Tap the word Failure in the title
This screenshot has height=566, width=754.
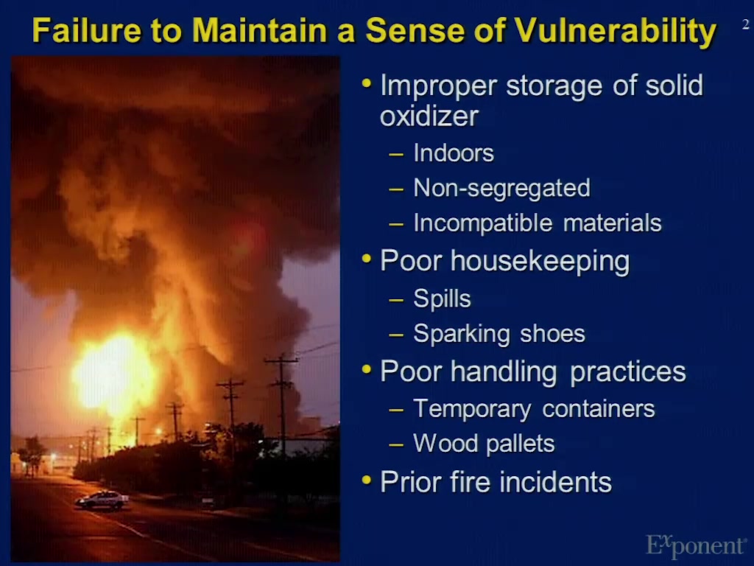click(87, 29)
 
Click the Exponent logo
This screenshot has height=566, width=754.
click(695, 545)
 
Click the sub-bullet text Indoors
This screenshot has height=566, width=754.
click(454, 153)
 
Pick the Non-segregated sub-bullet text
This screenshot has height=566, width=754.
click(501, 188)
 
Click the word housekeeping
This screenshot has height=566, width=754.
click(540, 262)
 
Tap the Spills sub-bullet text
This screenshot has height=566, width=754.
click(442, 299)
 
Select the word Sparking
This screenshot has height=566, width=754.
click(462, 334)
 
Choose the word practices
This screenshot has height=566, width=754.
click(628, 372)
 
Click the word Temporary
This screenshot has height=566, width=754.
click(472, 409)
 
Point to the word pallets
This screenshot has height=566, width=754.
click(521, 443)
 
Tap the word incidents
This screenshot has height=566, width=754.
click(555, 482)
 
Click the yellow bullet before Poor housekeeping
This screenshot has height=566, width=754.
click(367, 259)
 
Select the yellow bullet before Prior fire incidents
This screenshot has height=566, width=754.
click(367, 480)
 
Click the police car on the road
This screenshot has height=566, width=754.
click(102, 500)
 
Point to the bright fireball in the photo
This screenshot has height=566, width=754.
click(113, 374)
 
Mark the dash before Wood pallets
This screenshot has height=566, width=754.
click(396, 444)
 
